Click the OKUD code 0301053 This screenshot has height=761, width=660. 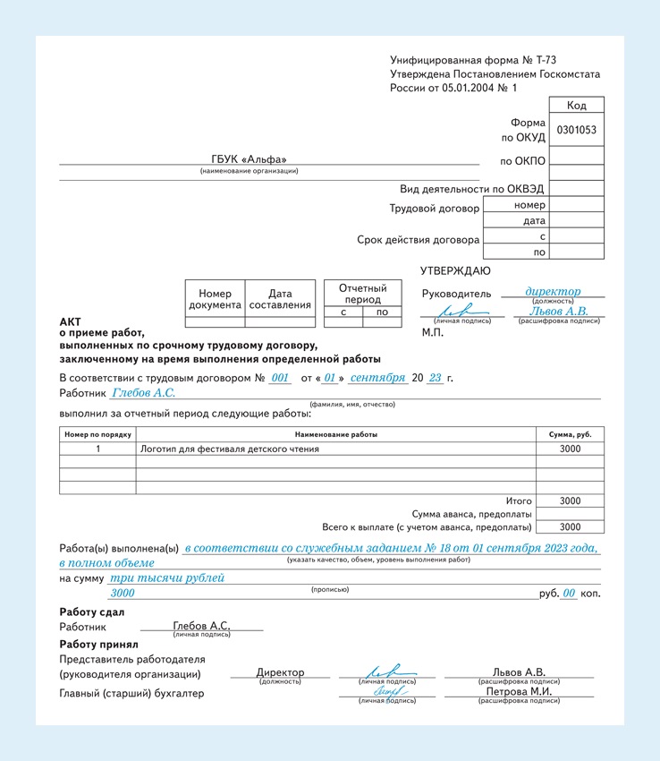click(576, 130)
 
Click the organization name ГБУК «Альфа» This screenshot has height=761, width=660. click(249, 160)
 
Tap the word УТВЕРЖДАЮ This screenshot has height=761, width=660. click(454, 271)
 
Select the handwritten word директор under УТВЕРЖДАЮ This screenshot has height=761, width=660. click(553, 291)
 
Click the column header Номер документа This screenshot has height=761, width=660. click(215, 299)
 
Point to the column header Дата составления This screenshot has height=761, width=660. click(280, 299)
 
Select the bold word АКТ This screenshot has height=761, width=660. click(70, 321)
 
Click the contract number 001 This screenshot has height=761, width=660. click(281, 378)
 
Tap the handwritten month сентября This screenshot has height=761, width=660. click(377, 378)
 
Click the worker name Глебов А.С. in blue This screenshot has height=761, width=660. click(143, 393)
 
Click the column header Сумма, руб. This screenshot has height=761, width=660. click(570, 434)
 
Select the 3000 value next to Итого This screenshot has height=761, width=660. click(570, 501)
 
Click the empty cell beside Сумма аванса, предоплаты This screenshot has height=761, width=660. click(570, 514)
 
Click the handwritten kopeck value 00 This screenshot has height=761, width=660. click(569, 593)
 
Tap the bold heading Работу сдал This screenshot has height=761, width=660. click(92, 612)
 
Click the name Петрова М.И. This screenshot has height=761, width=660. click(519, 692)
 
